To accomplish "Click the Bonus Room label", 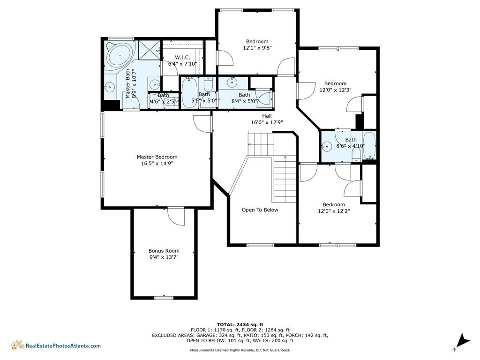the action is click(x=164, y=251).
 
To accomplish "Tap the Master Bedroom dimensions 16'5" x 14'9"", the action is click(x=157, y=164).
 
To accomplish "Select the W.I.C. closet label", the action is click(x=182, y=57).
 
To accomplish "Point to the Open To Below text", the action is click(x=260, y=210).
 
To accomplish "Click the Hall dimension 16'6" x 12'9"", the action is click(x=267, y=122).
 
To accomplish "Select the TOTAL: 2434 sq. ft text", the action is click(x=240, y=324).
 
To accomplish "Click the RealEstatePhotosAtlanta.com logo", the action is click(x=56, y=345).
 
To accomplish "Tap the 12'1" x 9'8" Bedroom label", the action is click(x=257, y=45).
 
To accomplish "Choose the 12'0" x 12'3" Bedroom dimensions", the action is click(x=335, y=90).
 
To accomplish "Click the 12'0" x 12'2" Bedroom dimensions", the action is click(x=334, y=211).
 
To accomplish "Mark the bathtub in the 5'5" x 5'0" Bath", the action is click(x=189, y=92).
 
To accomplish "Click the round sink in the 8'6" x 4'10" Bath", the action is click(x=327, y=147).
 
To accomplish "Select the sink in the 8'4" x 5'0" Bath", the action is click(x=232, y=82).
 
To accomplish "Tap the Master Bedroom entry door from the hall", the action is click(x=202, y=124).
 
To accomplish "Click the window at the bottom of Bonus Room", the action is click(x=164, y=298).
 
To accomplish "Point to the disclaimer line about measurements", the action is click(x=240, y=350).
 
